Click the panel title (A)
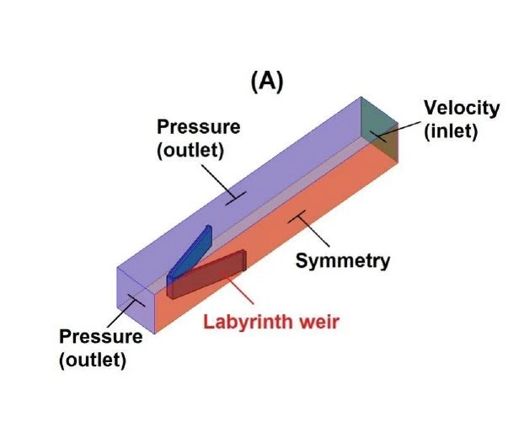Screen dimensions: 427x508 click(268, 81)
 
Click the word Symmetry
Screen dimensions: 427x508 click(343, 260)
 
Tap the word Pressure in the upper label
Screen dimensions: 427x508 click(199, 127)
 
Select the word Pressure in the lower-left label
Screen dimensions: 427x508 click(100, 337)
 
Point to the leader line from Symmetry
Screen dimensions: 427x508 click(307, 231)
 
